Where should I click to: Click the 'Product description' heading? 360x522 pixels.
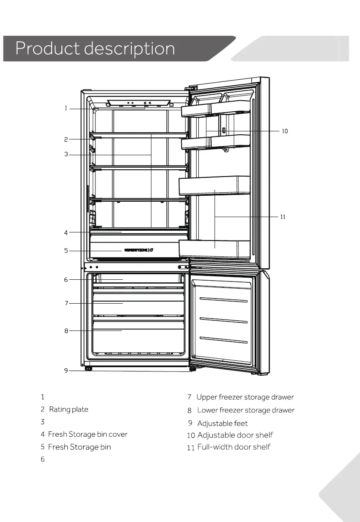pyautogui.click(x=95, y=49)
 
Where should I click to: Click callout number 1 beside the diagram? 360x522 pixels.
pyautogui.click(x=66, y=108)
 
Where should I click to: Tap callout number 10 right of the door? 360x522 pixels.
pyautogui.click(x=285, y=131)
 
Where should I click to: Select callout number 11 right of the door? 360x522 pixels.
pyautogui.click(x=282, y=217)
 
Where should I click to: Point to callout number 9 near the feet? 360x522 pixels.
pyautogui.click(x=66, y=371)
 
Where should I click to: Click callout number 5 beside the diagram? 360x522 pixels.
pyautogui.click(x=66, y=251)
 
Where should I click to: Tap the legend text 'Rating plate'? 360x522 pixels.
pyautogui.click(x=69, y=409)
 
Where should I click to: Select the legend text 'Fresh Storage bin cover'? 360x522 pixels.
pyautogui.click(x=87, y=434)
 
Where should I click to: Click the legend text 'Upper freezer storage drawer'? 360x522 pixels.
pyautogui.click(x=245, y=397)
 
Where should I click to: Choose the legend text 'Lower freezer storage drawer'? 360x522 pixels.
pyautogui.click(x=246, y=410)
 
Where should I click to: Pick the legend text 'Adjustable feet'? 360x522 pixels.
pyautogui.click(x=222, y=423)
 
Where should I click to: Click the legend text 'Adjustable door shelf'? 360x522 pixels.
pyautogui.click(x=235, y=435)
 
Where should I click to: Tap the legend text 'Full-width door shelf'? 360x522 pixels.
pyautogui.click(x=234, y=447)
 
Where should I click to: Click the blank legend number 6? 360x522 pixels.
pyautogui.click(x=43, y=459)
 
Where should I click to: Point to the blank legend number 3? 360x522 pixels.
pyautogui.click(x=43, y=422)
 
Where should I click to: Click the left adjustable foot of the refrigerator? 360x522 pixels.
pyautogui.click(x=88, y=368)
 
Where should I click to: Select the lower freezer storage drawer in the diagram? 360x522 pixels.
pyautogui.click(x=139, y=337)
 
